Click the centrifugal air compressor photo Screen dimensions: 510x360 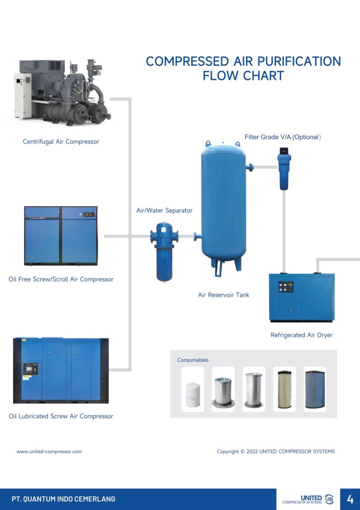pos(62,92)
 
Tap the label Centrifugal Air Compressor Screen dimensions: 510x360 pos(61,142)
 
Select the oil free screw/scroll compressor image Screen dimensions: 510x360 pos(61,236)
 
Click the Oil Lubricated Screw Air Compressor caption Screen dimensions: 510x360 pos(61,416)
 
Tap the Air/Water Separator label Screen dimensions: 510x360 pos(164,211)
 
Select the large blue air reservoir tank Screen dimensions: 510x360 pos(223,204)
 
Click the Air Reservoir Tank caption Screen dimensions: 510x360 pos(224,295)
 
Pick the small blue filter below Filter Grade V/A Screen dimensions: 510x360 pos(284,171)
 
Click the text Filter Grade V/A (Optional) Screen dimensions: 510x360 pos(283,137)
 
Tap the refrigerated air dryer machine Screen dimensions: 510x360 pos(301,297)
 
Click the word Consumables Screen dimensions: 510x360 pos(193,360)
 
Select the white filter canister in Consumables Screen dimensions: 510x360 pos(193,393)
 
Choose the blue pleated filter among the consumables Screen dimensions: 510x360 pos(315,390)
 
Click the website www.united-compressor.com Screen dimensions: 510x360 pos(49,452)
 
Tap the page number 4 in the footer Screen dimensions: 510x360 pos(350,499)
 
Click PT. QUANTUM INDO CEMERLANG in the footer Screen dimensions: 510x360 pos(63,499)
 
